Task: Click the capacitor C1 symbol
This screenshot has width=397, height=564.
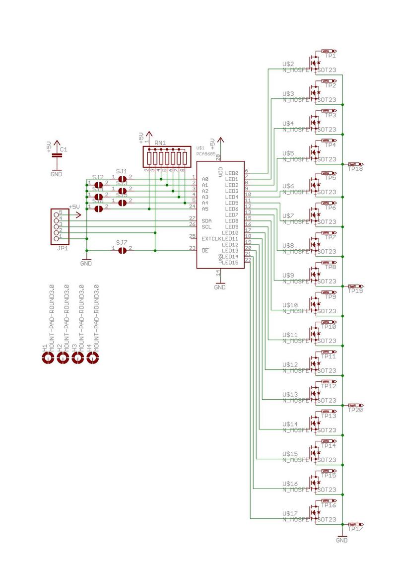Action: point(57,155)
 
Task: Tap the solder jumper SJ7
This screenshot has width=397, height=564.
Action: point(122,251)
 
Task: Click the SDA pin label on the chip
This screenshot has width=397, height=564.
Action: point(207,220)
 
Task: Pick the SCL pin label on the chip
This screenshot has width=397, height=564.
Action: point(207,226)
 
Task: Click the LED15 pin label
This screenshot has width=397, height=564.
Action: point(231,263)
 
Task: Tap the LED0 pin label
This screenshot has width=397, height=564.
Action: point(232,173)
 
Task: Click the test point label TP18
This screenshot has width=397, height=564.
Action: point(355,169)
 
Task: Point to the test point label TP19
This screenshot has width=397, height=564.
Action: point(355,291)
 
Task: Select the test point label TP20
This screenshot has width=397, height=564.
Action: point(355,411)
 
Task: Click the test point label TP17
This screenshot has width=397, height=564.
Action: point(355,530)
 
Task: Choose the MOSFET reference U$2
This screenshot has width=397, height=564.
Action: point(288,64)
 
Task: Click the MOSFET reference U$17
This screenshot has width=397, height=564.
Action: point(289,513)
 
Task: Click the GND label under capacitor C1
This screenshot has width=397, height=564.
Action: point(57,174)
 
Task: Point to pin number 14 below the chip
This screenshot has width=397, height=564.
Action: point(217,273)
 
